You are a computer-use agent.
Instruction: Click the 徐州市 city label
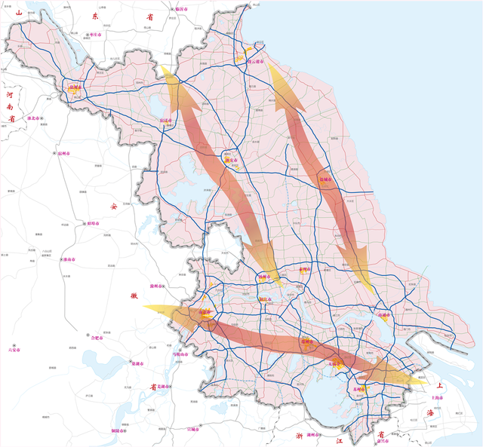tap(76, 87)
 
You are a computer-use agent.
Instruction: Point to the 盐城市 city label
tap(326, 179)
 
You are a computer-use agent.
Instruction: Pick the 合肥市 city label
tap(98, 338)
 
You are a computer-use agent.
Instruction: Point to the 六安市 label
tap(14, 350)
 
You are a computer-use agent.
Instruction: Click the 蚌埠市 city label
tap(97, 224)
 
